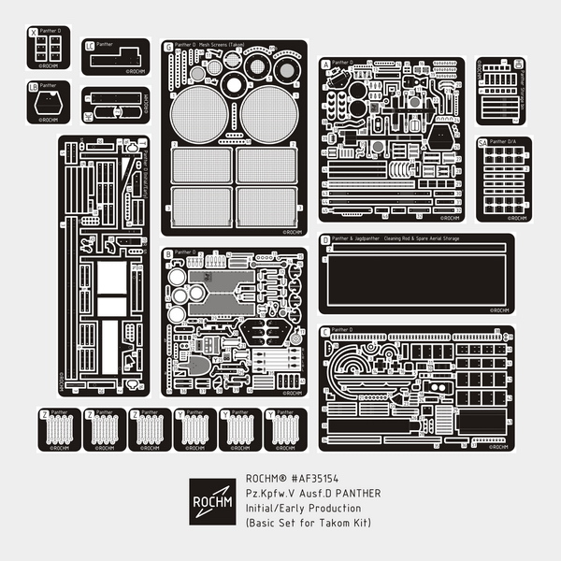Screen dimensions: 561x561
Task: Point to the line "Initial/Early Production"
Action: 308,508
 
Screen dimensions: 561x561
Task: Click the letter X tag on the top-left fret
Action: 35,32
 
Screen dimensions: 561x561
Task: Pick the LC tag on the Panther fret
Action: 90,45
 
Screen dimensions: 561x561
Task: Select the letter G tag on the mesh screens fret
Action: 168,46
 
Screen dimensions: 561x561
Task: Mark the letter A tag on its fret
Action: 325,65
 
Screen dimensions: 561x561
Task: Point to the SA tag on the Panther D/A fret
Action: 482,143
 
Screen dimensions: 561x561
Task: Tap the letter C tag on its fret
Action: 325,332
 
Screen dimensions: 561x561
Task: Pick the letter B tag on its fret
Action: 168,254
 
